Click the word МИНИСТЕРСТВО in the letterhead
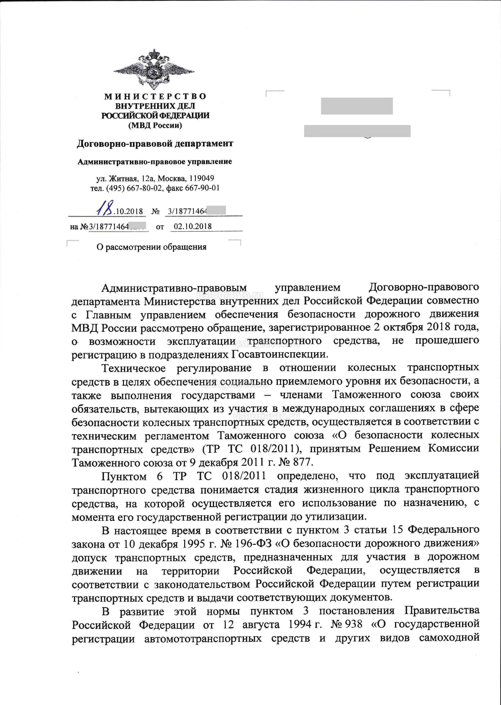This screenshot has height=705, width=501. tap(155, 96)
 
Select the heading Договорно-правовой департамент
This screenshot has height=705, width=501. tap(155, 144)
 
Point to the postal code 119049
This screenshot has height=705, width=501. tap(202, 178)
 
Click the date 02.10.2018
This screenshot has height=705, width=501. tap(193, 227)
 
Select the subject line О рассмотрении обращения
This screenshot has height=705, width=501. tap(151, 247)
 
